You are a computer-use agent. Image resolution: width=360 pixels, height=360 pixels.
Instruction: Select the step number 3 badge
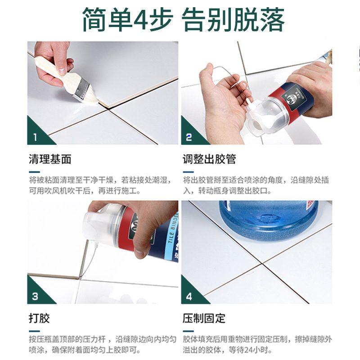36,296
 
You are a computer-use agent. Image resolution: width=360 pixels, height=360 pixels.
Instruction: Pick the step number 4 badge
189,296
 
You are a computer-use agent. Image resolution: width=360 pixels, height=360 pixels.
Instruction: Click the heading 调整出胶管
209,159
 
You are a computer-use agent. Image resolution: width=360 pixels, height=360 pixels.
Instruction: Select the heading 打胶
39,319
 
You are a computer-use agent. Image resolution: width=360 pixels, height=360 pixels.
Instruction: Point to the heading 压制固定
204,319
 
